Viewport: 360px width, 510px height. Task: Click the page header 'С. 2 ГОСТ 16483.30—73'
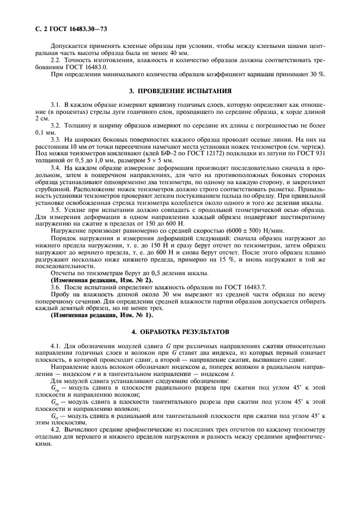[64, 28]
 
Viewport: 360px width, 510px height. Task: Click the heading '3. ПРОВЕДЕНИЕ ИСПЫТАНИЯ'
[180, 90]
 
